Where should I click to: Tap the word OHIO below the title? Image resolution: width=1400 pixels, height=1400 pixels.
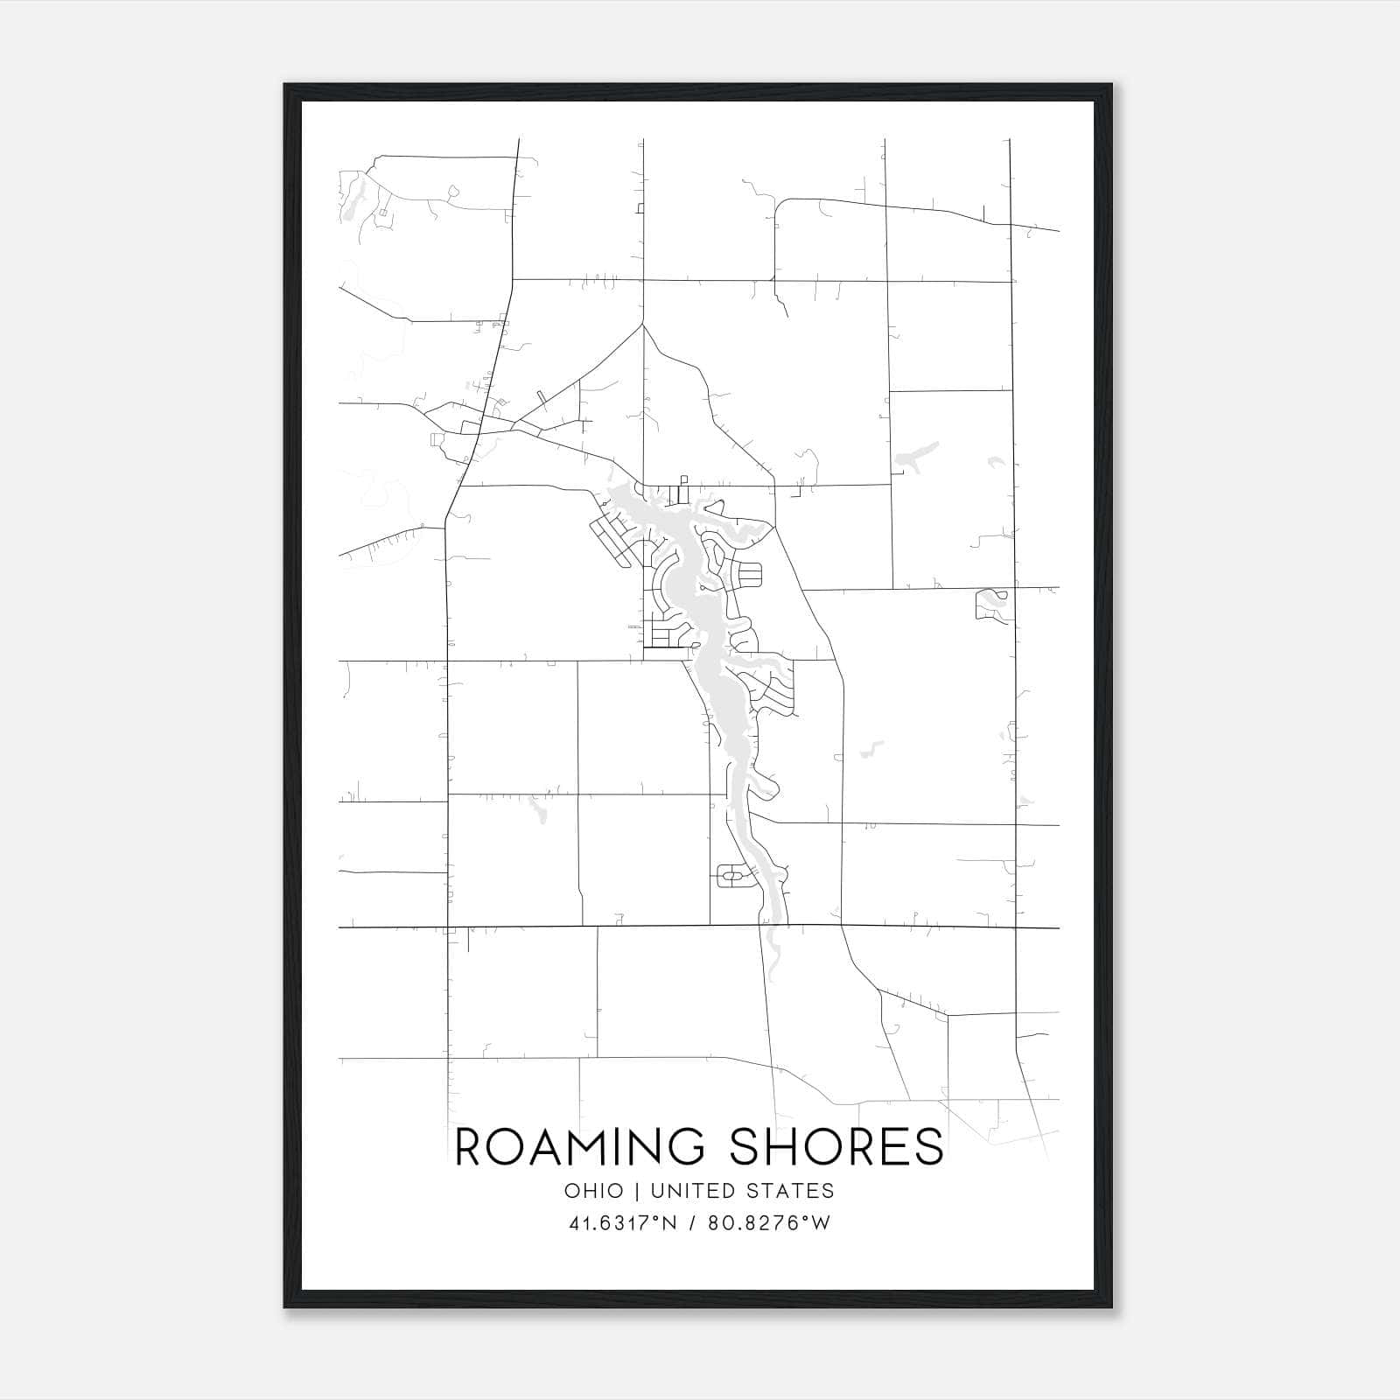[594, 1191]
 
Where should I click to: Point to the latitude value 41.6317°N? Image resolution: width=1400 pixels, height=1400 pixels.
[623, 1223]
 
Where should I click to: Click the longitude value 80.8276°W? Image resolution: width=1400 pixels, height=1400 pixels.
[770, 1223]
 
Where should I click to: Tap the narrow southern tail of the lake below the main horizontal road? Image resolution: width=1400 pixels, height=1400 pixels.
[772, 949]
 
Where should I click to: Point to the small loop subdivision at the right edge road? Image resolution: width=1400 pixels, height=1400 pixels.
[994, 604]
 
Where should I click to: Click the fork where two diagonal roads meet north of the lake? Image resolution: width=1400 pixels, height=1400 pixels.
[642, 325]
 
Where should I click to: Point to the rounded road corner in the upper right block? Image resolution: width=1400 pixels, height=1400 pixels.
[781, 205]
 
